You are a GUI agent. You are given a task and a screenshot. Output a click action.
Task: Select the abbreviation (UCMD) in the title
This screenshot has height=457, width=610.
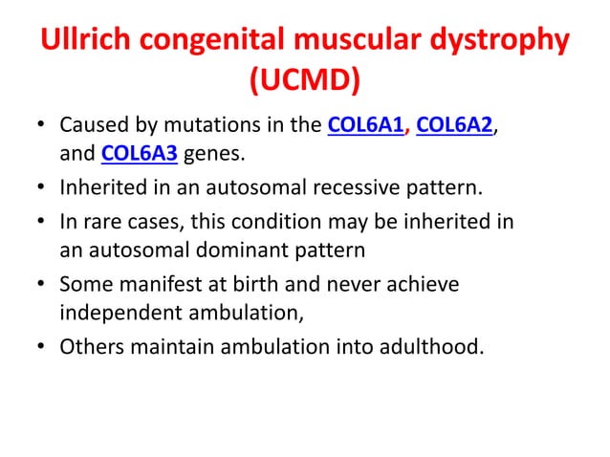[304, 85]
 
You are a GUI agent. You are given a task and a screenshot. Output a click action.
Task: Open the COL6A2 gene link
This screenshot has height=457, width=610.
[457, 126]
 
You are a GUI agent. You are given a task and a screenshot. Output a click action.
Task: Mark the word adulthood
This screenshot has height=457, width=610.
[430, 346]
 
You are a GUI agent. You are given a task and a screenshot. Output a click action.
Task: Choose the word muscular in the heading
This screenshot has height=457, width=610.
[359, 45]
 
